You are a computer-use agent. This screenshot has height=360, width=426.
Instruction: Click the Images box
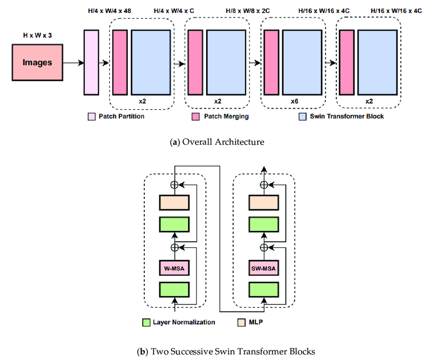click(x=38, y=63)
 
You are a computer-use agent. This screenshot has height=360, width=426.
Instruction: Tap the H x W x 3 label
click(x=38, y=36)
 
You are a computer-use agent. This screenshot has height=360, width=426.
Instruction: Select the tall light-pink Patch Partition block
click(x=91, y=62)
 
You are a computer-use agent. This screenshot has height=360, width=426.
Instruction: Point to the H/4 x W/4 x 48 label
click(x=106, y=11)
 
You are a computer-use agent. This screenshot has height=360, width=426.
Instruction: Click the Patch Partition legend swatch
click(x=92, y=117)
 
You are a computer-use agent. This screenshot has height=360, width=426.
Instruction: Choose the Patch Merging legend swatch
click(x=195, y=117)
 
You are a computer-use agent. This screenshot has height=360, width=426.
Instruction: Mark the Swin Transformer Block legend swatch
click(x=302, y=117)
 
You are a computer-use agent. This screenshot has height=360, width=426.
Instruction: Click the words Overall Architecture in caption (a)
click(x=223, y=142)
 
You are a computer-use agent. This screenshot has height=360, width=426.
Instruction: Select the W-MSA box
click(x=173, y=267)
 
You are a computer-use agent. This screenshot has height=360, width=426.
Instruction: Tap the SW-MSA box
click(x=263, y=267)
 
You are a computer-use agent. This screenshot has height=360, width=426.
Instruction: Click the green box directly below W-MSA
click(x=173, y=289)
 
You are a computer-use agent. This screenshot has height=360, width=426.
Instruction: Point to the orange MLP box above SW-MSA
click(x=263, y=202)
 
